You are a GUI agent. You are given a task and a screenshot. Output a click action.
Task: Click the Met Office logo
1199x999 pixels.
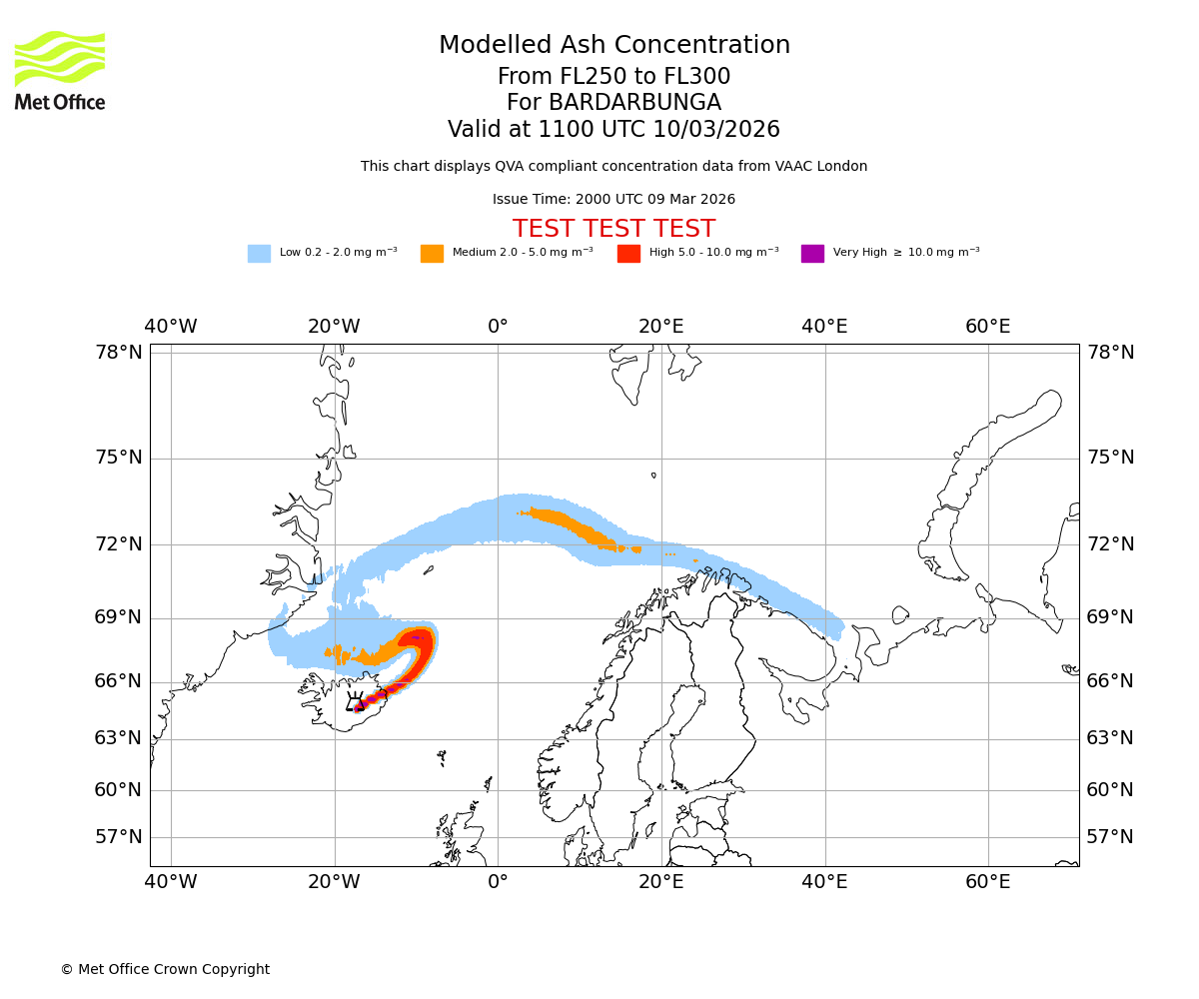(x=60, y=70)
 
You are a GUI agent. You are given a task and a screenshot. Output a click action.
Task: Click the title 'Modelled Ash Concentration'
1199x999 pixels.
(x=613, y=45)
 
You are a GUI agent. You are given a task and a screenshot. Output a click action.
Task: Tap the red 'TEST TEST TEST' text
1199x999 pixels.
(x=613, y=229)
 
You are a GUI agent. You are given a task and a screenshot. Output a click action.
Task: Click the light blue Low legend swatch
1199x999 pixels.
(x=259, y=253)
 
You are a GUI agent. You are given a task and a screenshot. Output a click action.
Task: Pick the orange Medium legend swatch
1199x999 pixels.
(x=432, y=253)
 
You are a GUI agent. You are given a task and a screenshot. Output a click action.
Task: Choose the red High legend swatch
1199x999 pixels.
(x=628, y=253)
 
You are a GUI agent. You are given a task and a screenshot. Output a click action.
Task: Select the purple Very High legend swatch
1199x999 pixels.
(x=812, y=253)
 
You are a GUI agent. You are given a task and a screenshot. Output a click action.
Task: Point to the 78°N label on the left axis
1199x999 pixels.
(x=119, y=353)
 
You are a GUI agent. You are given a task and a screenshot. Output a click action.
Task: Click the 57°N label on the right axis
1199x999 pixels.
(x=1110, y=837)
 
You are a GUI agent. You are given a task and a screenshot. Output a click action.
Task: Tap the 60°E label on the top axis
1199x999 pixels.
(x=987, y=327)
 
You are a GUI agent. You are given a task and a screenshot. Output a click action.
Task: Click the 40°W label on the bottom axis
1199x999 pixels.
(x=171, y=882)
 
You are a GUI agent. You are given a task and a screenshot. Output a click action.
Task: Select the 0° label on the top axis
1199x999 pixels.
(x=498, y=327)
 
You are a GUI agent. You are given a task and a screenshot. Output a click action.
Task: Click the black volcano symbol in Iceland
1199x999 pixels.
(x=355, y=702)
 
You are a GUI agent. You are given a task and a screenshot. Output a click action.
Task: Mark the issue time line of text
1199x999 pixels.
(x=613, y=199)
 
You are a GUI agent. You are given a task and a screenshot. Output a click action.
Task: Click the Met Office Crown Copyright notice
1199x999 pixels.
(x=165, y=969)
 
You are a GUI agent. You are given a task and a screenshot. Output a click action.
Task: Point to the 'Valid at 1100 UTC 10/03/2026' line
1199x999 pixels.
(x=613, y=129)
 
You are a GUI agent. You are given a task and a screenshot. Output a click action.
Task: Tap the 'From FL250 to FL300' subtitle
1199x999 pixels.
(x=613, y=77)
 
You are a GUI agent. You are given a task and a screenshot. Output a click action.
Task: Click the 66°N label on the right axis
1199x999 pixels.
(x=1110, y=681)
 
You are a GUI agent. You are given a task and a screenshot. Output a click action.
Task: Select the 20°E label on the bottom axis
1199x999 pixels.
(x=661, y=882)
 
